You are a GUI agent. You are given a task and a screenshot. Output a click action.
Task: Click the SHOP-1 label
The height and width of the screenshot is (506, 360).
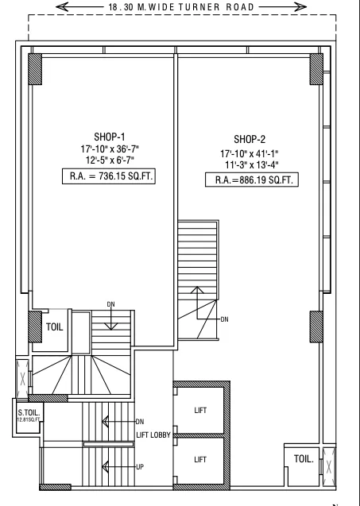[109, 136]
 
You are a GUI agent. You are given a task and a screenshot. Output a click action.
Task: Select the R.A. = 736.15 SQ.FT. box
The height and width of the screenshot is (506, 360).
[109, 176]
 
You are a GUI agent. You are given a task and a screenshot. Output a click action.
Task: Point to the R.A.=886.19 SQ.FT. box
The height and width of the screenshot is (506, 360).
[253, 180]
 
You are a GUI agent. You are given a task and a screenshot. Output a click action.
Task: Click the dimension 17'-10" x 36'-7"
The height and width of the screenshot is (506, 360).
[109, 149]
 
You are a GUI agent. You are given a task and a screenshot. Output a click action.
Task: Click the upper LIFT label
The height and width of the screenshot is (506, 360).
[201, 410]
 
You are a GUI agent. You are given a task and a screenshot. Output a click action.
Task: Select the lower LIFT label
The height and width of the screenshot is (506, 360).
[201, 459]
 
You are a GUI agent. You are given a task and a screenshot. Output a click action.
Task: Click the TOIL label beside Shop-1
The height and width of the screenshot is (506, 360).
[55, 326]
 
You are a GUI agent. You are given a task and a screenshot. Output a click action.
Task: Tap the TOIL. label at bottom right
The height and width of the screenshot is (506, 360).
[303, 459]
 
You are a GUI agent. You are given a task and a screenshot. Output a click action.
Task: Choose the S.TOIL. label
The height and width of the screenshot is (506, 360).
[29, 411]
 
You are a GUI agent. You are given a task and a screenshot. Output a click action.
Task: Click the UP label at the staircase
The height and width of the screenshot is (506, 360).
[139, 467]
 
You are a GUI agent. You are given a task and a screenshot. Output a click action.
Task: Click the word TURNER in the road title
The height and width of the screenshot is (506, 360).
[207, 7]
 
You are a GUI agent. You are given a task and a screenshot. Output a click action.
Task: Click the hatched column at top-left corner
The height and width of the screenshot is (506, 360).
[36, 71]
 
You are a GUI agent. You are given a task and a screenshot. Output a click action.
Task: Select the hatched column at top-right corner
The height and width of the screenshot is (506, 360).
[316, 69]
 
